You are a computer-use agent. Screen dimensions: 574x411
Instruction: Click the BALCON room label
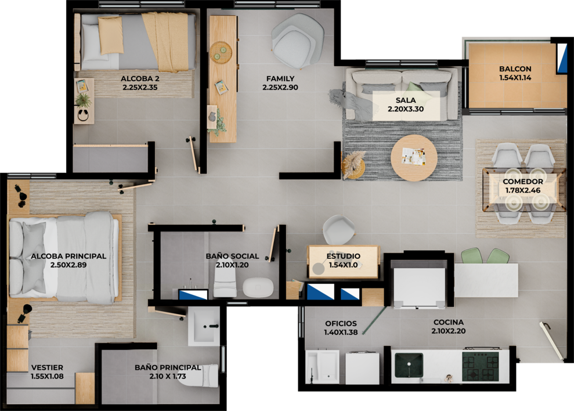pyautogui.click(x=515, y=68)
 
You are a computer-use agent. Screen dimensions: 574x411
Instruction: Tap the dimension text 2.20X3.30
pyautogui.click(x=406, y=109)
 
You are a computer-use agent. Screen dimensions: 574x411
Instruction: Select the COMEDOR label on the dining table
pyautogui.click(x=523, y=181)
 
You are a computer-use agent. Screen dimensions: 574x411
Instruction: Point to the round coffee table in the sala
pyautogui.click(x=414, y=157)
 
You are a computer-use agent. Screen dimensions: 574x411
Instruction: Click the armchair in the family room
pyautogui.click(x=298, y=41)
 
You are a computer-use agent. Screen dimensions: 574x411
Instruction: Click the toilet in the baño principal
pyautogui.click(x=200, y=376)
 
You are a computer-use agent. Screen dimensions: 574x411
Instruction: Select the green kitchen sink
pyautogui.click(x=409, y=365)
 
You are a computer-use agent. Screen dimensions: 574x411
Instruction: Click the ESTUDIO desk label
pyautogui.click(x=344, y=256)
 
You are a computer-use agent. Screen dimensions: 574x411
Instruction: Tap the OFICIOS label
pyautogui.click(x=341, y=323)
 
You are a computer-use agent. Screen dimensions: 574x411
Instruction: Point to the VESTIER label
pyautogui.click(x=47, y=367)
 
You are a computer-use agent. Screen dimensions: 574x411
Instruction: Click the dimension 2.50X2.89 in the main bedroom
pyautogui.click(x=68, y=265)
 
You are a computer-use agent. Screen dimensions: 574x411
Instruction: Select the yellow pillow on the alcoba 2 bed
pyautogui.click(x=111, y=35)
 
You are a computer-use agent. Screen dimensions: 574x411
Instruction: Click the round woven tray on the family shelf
pyautogui.click(x=221, y=52)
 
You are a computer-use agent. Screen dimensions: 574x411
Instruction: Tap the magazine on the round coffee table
pyautogui.click(x=414, y=156)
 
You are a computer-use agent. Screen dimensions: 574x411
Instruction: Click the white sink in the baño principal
pyautogui.click(x=204, y=327)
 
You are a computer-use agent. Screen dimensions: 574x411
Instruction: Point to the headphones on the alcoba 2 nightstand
pyautogui.click(x=83, y=115)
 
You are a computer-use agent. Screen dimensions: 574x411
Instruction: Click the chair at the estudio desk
pyautogui.click(x=338, y=230)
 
